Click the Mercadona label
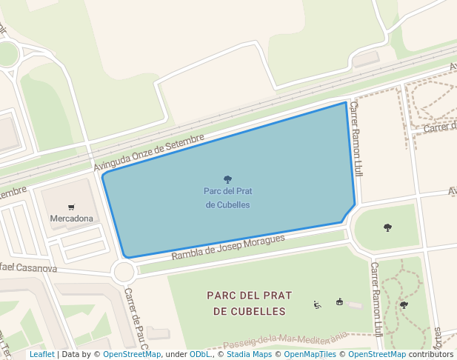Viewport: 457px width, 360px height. tap(71, 219)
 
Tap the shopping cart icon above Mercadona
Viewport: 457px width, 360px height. tap(71, 207)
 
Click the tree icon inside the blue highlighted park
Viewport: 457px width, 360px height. tap(227, 179)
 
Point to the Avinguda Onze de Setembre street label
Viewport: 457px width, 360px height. tap(148, 154)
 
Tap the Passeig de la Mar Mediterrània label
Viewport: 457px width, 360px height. tap(284, 341)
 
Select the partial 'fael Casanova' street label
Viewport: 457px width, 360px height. tap(28, 267)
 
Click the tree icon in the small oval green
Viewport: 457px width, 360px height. tap(387, 227)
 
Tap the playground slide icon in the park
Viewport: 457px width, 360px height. tap(318, 304)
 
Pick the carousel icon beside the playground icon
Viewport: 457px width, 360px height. tap(339, 301)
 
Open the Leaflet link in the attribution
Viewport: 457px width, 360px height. tap(42, 354)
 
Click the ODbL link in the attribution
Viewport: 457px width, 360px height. tap(200, 354)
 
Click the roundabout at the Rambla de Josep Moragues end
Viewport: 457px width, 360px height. tap(124, 272)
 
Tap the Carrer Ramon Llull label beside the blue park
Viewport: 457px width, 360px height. tap(357, 139)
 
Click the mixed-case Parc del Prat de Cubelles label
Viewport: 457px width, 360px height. tap(227, 198)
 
